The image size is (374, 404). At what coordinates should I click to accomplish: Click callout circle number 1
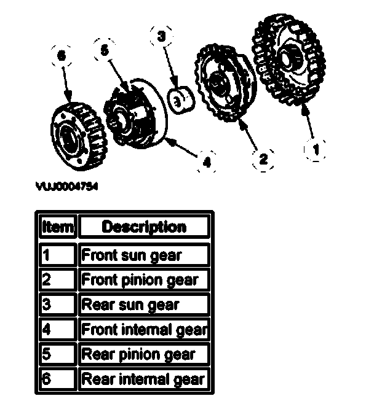pyautogui.click(x=316, y=147)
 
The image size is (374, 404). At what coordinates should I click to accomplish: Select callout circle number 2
pyautogui.click(x=263, y=159)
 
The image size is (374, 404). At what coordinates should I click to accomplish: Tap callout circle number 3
pyautogui.click(x=162, y=37)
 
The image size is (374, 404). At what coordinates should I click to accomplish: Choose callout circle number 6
pyautogui.click(x=60, y=56)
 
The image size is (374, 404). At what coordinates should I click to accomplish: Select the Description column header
pyautogui.click(x=144, y=227)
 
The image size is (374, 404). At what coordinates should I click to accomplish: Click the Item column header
pyautogui.click(x=57, y=227)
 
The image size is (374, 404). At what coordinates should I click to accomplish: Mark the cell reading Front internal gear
pyautogui.click(x=144, y=329)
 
